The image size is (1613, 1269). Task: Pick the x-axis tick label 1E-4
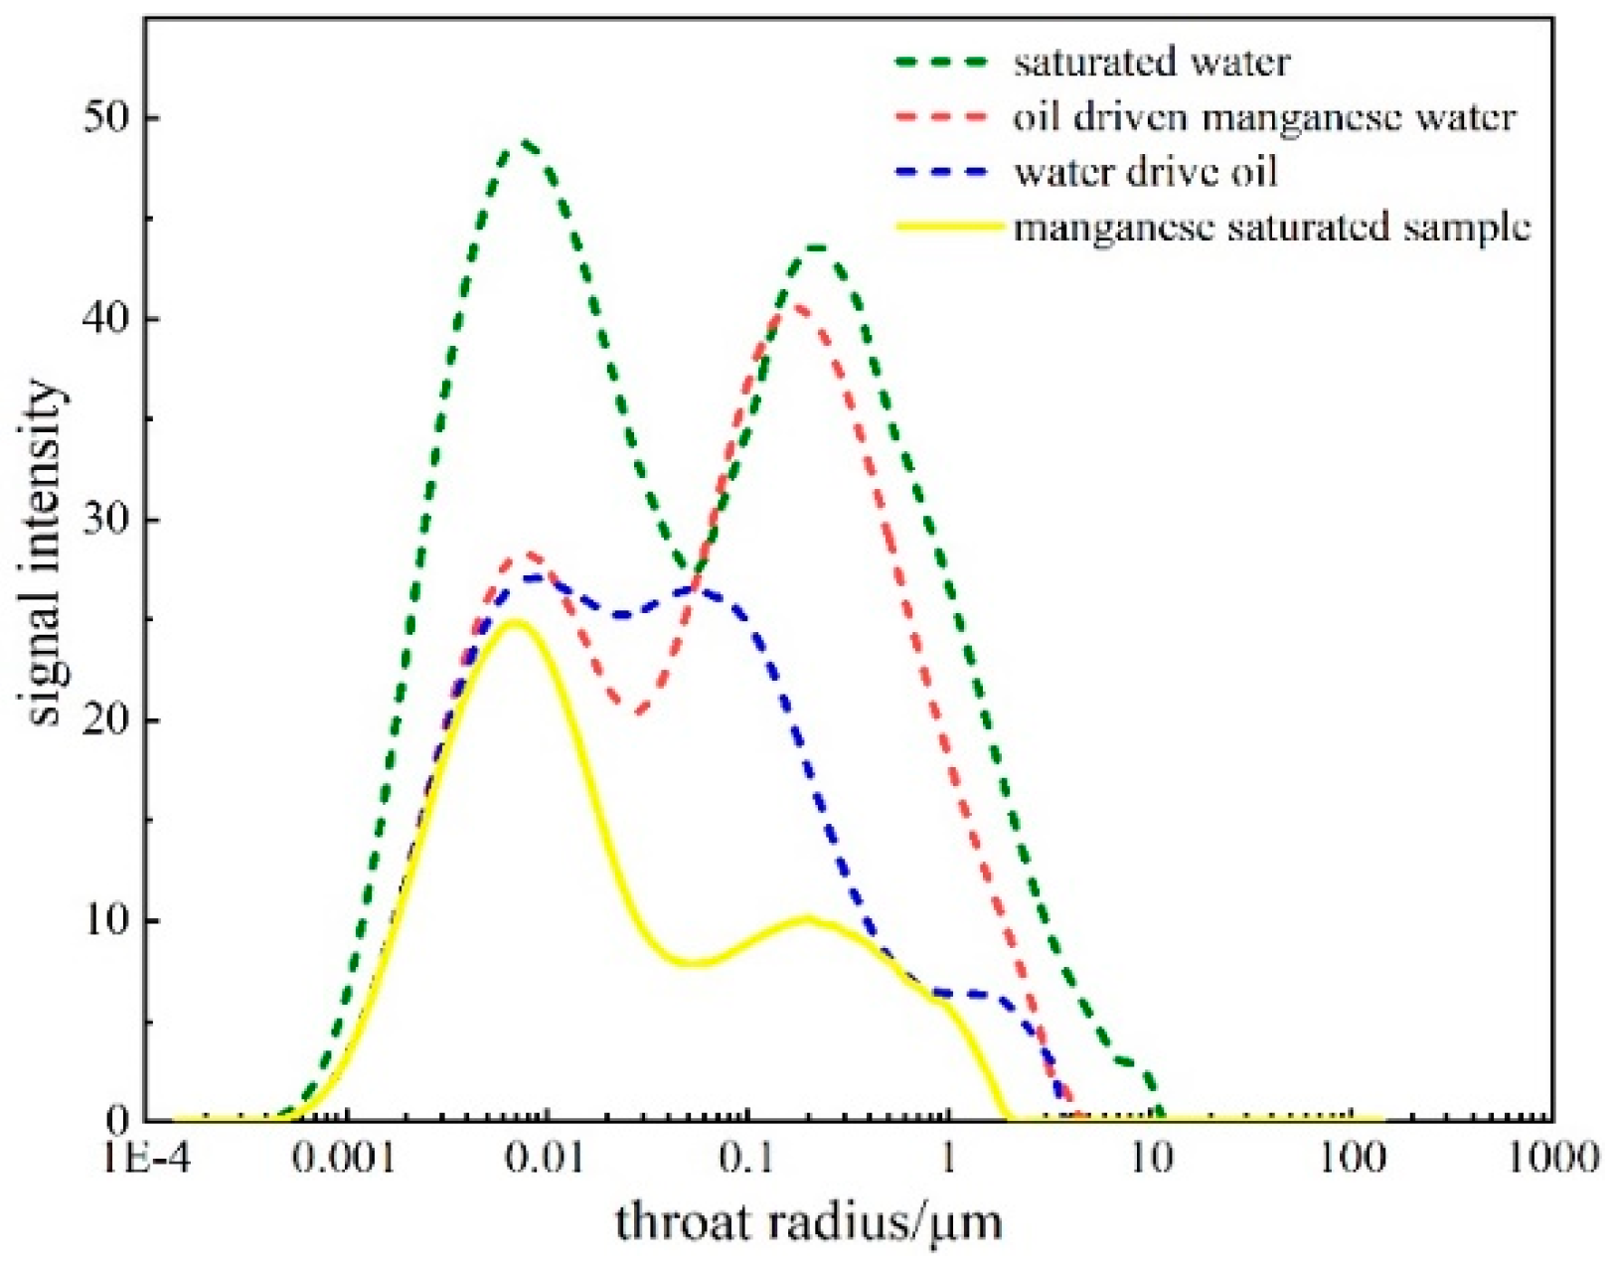(x=143, y=1159)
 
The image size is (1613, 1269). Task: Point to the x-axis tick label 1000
(x=1552, y=1159)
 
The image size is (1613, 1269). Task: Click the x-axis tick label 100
(x=1352, y=1159)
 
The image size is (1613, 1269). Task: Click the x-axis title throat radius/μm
(x=807, y=1221)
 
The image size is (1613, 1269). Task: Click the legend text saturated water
(x=1151, y=63)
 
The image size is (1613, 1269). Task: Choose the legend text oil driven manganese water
(x=1264, y=117)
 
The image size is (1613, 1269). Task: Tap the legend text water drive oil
(x=1145, y=172)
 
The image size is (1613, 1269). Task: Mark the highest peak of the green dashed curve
(x=524, y=143)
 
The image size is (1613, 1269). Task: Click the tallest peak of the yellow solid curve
(x=514, y=622)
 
